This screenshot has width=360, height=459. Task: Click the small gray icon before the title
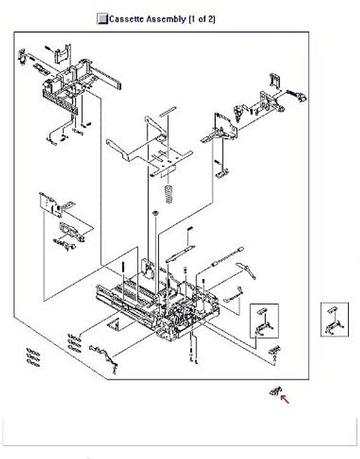tap(102, 19)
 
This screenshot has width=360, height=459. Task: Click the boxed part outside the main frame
tap(334, 319)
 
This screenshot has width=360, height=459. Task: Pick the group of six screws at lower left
tap(33, 356)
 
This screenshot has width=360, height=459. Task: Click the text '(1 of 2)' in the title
tap(200, 19)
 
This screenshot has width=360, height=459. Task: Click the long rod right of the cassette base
tap(226, 259)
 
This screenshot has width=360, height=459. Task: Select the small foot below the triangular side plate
tap(221, 172)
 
